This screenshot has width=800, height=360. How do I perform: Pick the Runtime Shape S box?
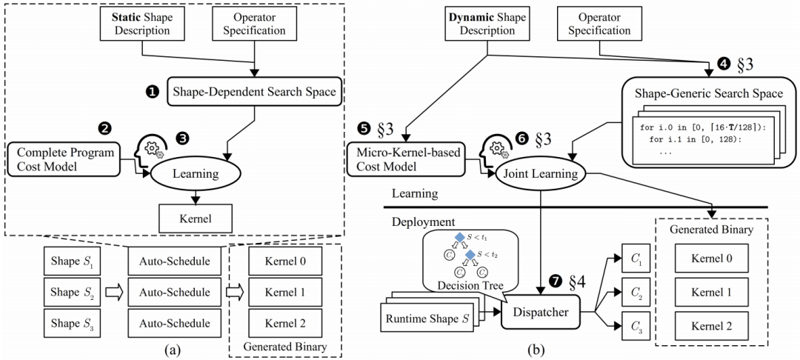pyautogui.click(x=427, y=321)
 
